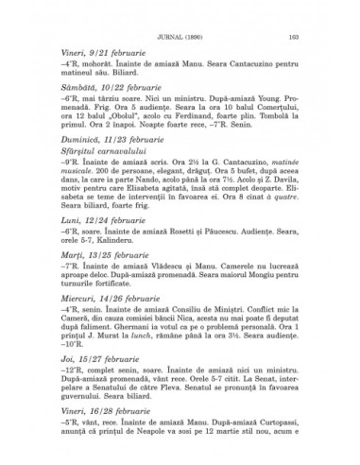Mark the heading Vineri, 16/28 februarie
[x=104, y=448]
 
